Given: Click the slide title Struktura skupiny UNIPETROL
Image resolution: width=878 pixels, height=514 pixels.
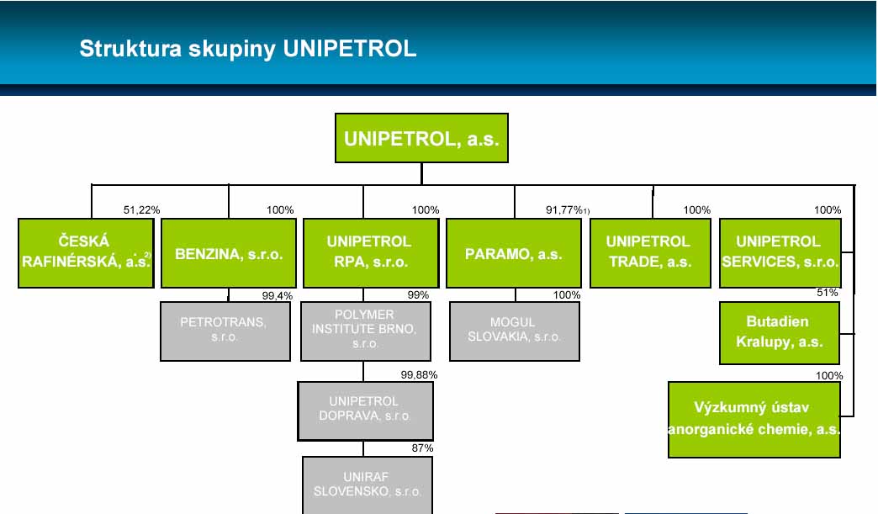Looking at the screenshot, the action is tap(248, 49).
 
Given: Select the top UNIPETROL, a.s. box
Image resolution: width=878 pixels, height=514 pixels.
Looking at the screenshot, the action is tap(421, 138).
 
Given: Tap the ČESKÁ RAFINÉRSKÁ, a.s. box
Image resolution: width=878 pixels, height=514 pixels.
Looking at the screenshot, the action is tap(87, 253).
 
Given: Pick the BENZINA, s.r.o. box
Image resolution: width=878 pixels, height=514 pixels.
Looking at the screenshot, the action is tap(229, 253).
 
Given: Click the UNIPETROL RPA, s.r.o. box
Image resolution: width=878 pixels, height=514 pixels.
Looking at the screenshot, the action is tap(371, 253).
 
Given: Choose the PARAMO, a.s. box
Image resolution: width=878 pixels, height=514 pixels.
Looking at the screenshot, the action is tap(514, 253).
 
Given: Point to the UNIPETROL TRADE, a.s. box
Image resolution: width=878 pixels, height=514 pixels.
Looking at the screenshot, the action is tap(650, 253).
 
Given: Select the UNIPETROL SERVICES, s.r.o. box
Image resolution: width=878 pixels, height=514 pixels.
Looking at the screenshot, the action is tap(780, 253).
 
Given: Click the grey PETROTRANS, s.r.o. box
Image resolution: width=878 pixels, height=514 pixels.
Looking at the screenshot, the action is tap(225, 331).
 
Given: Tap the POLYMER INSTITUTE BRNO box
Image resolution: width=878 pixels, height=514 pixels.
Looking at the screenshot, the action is tap(366, 331).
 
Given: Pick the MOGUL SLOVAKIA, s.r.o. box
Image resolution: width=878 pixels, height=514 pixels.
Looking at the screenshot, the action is tap(514, 331).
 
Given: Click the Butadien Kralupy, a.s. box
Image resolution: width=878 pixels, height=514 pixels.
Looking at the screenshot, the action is tap(780, 332).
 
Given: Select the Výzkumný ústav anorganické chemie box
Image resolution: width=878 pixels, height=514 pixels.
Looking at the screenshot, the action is tap(754, 420).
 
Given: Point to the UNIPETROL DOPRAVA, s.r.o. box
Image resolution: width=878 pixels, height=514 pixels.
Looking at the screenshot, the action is tap(365, 411).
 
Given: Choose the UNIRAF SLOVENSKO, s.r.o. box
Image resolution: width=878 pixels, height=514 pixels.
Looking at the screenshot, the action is tap(368, 485).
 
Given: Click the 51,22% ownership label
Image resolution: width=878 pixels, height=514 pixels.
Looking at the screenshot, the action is tap(141, 210).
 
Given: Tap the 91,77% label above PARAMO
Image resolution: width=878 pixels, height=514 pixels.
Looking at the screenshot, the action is tap(563, 210).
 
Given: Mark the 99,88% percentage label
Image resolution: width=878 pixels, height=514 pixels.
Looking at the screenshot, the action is tap(419, 374).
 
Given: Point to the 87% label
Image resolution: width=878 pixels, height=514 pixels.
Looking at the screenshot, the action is tap(422, 448).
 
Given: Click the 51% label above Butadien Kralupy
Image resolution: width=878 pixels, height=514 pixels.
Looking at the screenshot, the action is tap(827, 292).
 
